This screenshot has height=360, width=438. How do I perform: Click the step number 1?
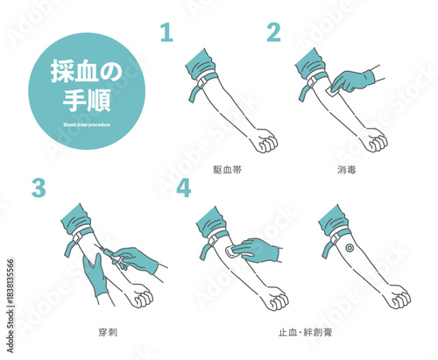[166, 33]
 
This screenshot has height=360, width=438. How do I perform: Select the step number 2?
[274, 32]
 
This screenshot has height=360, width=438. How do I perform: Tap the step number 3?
[37, 187]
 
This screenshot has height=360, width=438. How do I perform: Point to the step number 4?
[183, 187]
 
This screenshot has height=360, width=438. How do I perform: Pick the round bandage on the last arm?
[350, 248]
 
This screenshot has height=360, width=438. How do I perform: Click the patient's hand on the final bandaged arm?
[399, 298]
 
